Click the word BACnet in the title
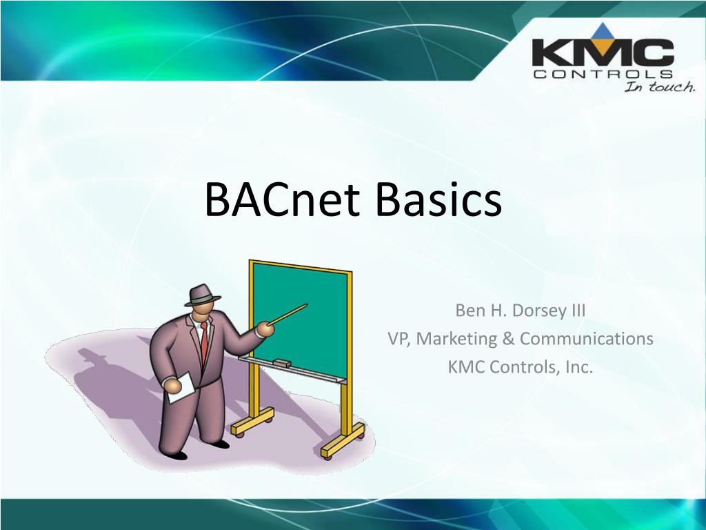pos(283,199)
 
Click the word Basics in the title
pos(438,199)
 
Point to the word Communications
pos(586,339)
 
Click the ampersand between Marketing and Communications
pos(508,339)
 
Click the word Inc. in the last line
pos(578,367)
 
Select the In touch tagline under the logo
pos(659,87)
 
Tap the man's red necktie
pos(204,342)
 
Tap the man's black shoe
pos(177,455)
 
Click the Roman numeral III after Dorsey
pos(576,310)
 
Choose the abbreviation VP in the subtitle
pos(399,339)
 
